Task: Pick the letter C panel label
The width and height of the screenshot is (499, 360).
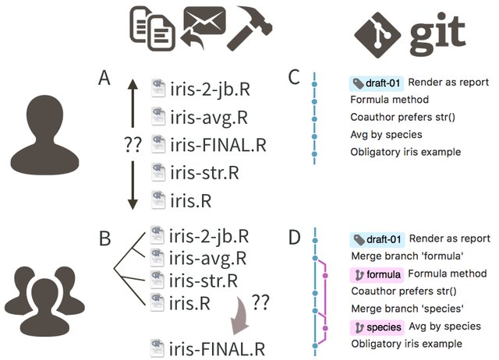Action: click(294, 78)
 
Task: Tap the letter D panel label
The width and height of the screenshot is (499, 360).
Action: click(295, 237)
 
